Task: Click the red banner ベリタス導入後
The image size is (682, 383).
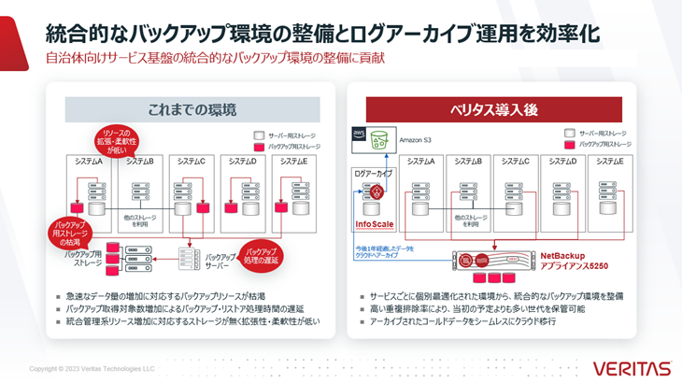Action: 492,108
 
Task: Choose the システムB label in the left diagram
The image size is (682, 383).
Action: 139,161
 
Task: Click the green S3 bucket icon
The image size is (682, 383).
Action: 379,140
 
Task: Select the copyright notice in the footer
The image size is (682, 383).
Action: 92,368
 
